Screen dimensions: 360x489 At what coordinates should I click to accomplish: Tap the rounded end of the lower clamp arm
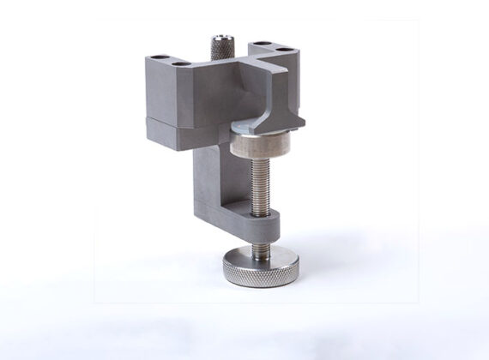click(x=275, y=227)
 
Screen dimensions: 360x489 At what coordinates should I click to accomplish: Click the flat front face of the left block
click(x=167, y=99)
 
